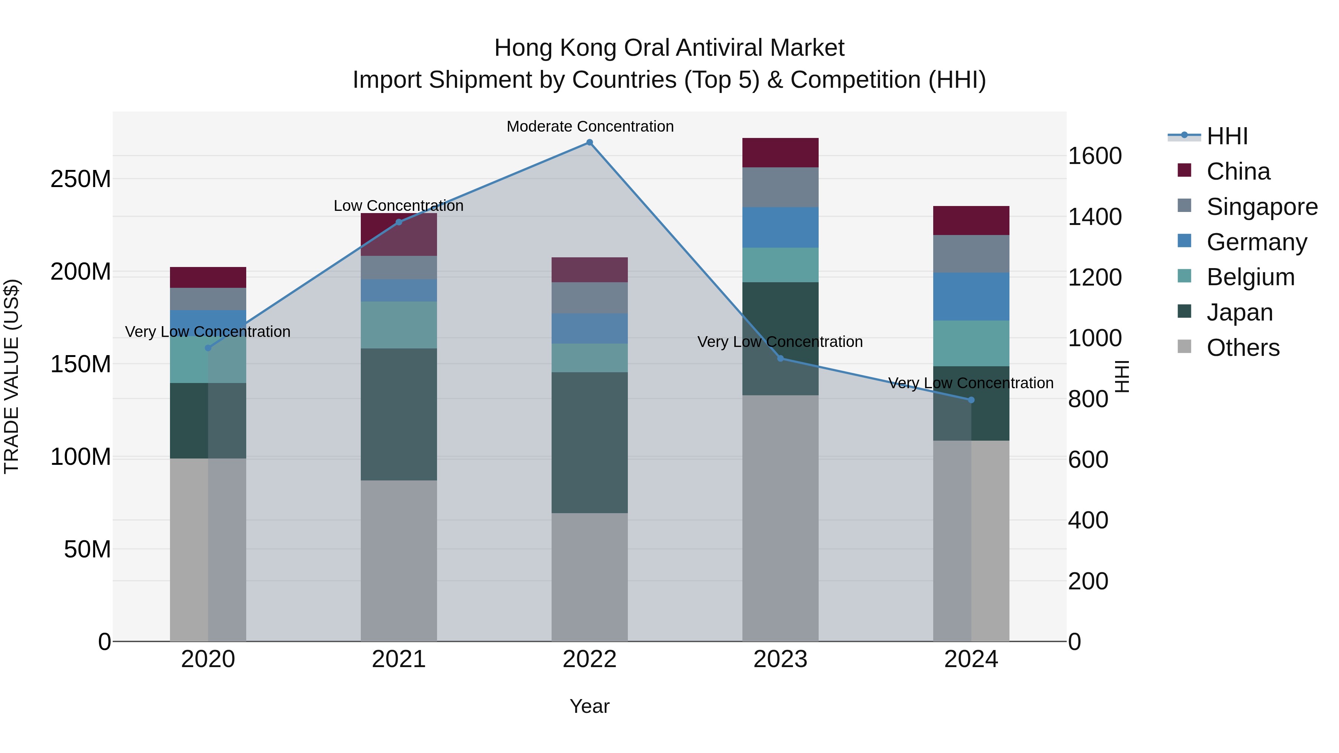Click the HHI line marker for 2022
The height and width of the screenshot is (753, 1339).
(590, 142)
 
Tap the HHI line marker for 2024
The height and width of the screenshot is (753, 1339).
(971, 400)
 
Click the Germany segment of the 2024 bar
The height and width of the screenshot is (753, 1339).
(971, 296)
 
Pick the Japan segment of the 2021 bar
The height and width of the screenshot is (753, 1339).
(399, 414)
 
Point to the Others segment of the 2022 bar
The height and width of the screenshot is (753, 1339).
(590, 577)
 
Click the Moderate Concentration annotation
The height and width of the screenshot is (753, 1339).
(590, 126)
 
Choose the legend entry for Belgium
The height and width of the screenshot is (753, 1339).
(1250, 277)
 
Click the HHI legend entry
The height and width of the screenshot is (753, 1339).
(1227, 136)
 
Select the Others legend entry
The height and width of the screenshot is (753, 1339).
(1242, 348)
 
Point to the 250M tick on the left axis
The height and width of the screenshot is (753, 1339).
(81, 179)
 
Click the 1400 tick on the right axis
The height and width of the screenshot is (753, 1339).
(1095, 217)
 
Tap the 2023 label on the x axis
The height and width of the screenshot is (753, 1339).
(780, 659)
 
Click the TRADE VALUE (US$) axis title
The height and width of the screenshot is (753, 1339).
(12, 376)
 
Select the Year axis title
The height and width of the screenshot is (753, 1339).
(590, 706)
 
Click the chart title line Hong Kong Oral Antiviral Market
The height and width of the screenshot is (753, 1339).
(669, 48)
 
